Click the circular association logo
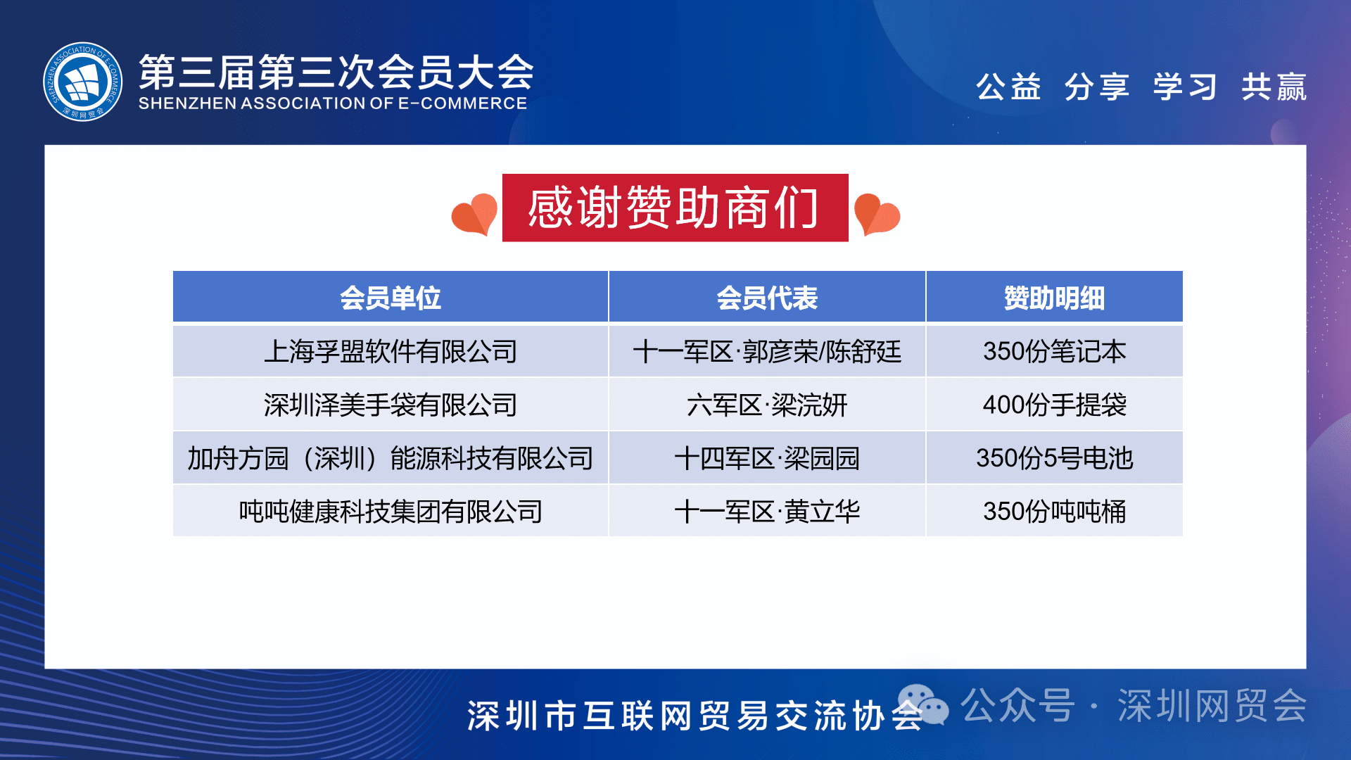[82, 82]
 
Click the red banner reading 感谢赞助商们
[675, 208]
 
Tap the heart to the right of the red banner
[877, 214]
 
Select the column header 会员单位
[391, 298]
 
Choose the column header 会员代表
[767, 298]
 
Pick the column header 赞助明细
[1054, 298]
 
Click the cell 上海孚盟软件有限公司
[391, 351]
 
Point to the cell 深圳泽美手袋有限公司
[391, 405]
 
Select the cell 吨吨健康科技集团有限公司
[391, 512]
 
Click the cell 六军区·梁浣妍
[767, 405]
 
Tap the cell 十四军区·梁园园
[767, 458]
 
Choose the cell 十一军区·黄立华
[767, 512]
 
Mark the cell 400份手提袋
[1054, 405]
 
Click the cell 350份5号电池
[1054, 458]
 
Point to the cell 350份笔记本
[1054, 351]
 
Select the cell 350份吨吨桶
[1054, 512]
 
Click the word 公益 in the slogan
[1008, 87]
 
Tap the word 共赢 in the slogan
[1274, 87]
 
